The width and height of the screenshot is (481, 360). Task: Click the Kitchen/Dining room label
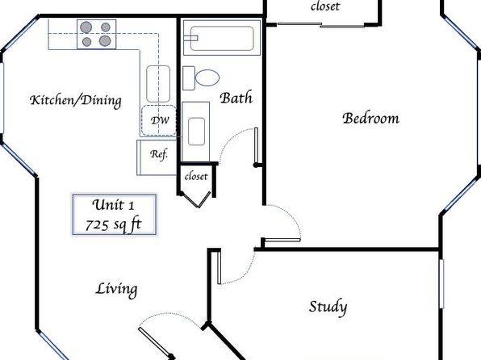point(76,101)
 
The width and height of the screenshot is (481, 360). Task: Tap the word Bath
point(236,98)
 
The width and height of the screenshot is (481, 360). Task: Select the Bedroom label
point(371,118)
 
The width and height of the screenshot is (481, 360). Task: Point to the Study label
point(328,307)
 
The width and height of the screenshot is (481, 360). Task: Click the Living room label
point(116,290)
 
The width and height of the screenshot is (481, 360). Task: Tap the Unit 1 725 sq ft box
point(115,215)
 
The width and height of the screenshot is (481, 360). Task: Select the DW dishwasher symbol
point(159,120)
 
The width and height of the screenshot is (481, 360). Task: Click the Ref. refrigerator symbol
point(157,157)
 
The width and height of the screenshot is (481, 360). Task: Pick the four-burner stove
point(96,34)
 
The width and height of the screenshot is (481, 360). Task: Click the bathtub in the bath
point(222,38)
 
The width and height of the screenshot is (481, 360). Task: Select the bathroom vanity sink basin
point(196,132)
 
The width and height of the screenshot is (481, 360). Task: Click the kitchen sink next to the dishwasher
point(158,84)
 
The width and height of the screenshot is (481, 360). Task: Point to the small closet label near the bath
point(196,177)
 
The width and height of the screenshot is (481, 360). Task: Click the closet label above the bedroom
point(325,6)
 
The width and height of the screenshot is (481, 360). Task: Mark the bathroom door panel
point(256,147)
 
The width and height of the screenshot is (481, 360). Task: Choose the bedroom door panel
point(282,240)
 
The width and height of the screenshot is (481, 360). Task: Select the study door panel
point(219,268)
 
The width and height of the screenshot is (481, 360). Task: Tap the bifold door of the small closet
point(196,199)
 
